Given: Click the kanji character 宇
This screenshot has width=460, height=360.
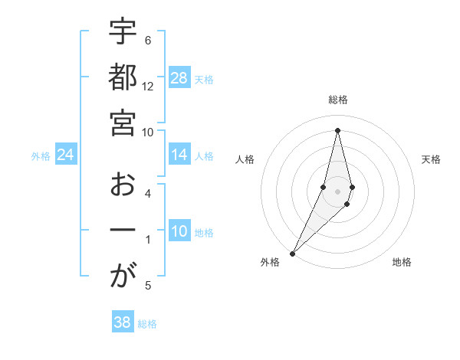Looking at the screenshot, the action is (123, 33).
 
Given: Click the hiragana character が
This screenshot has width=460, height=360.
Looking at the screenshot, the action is (123, 277).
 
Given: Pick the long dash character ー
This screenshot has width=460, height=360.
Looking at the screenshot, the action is (123, 231).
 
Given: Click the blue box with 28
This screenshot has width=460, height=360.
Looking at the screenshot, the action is (179, 78).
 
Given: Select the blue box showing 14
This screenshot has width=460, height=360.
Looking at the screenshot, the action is (179, 155).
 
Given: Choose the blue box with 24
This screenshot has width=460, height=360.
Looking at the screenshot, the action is (66, 155).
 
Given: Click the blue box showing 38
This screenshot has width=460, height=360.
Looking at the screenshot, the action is (123, 322).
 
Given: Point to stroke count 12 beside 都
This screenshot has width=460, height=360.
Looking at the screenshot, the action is (148, 87).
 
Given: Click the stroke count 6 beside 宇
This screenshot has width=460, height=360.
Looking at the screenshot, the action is (148, 41).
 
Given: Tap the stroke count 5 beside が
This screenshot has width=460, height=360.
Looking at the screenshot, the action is (148, 286).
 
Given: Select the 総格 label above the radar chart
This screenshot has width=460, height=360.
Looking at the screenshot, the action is (338, 100).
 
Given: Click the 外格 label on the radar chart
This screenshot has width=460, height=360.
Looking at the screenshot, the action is (270, 262).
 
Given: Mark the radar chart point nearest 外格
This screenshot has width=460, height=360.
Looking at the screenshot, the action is (292, 253).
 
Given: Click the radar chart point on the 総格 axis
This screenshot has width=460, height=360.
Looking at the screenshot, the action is (338, 129).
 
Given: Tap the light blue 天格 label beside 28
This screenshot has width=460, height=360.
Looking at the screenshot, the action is (204, 79).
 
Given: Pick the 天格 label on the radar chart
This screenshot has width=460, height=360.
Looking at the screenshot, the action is (431, 159).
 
